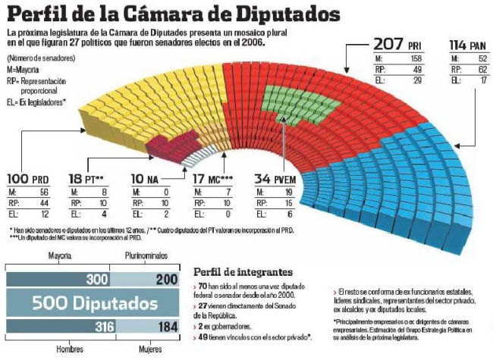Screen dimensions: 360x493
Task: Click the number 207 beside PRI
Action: coord(391,44)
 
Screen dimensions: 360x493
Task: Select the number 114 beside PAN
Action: coord(457,44)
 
